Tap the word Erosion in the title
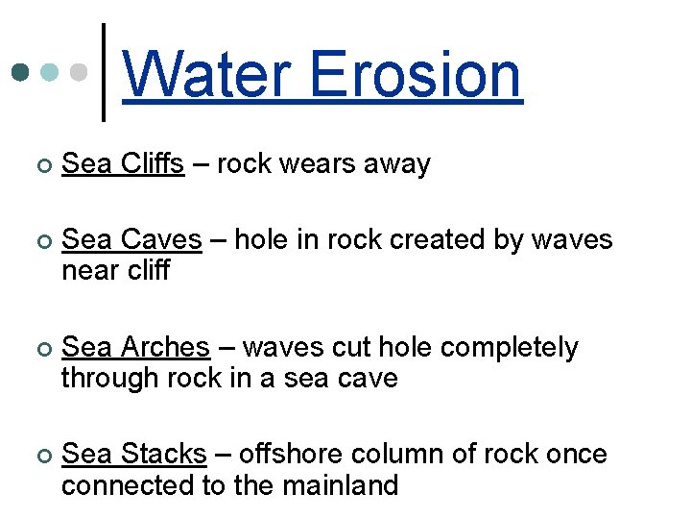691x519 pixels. point(416,75)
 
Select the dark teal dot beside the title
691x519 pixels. point(21,73)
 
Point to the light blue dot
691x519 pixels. point(51,73)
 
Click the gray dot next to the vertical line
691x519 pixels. point(81,73)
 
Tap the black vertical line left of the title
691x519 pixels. point(104,73)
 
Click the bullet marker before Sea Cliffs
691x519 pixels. point(37,166)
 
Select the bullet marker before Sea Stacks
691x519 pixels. point(37,456)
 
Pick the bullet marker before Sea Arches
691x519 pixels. point(37,349)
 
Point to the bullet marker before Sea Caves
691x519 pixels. point(37,241)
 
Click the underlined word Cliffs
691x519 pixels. point(153,164)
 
